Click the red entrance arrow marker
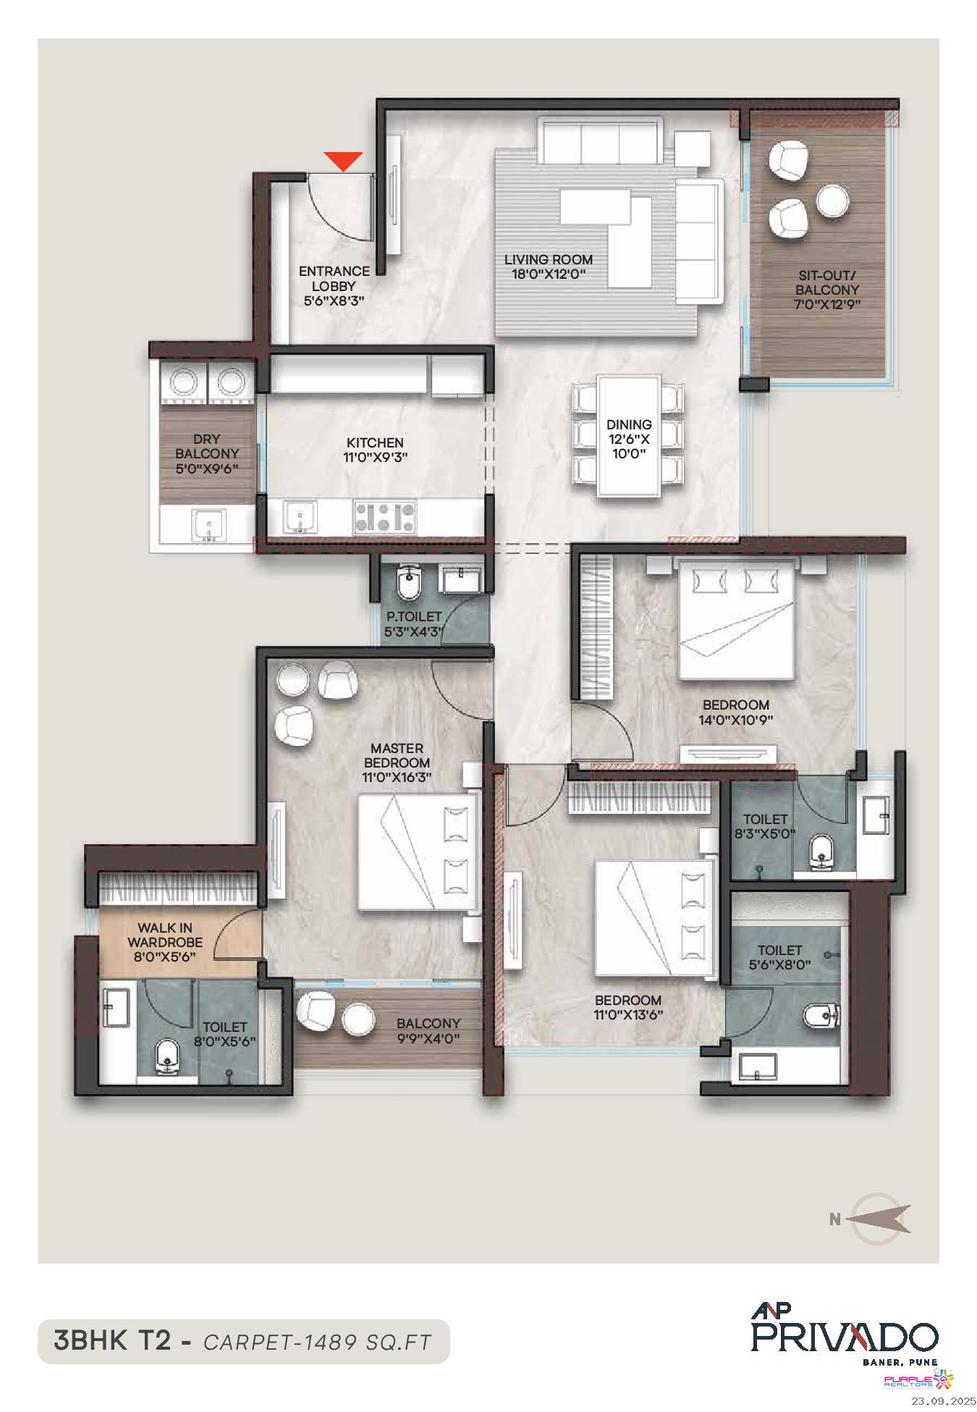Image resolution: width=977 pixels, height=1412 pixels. [x=342, y=161]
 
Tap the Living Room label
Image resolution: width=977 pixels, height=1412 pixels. [x=549, y=266]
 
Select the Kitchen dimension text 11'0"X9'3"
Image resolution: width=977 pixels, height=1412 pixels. [x=374, y=457]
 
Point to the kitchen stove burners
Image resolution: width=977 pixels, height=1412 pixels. [x=384, y=518]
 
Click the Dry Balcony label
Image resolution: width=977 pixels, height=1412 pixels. [x=207, y=454]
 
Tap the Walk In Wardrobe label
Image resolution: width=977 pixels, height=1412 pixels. [x=165, y=942]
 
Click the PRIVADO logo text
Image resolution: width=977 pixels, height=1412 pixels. [x=845, y=1337]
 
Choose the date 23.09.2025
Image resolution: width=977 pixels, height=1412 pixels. [x=943, y=1400]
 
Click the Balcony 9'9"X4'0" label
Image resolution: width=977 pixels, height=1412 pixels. [x=428, y=1031]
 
